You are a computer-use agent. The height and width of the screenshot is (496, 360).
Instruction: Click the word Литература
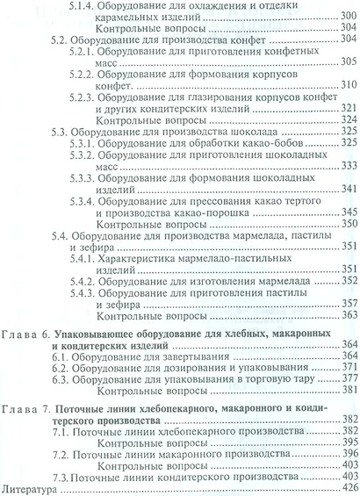pyautogui.click(x=32, y=485)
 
